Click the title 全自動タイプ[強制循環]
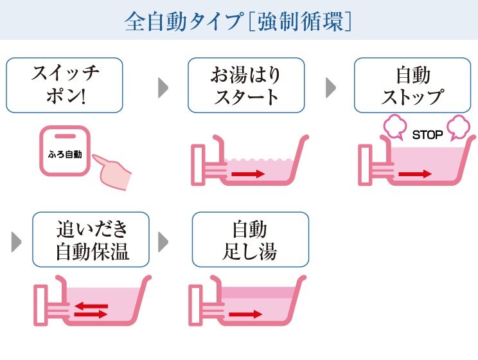pos(238,21)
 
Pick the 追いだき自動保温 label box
pos(91,240)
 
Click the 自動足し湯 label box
pos(251,240)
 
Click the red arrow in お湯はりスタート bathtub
pos(248,174)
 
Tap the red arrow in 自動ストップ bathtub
pos(414,174)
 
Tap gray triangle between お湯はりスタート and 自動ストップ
pos(331,89)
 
